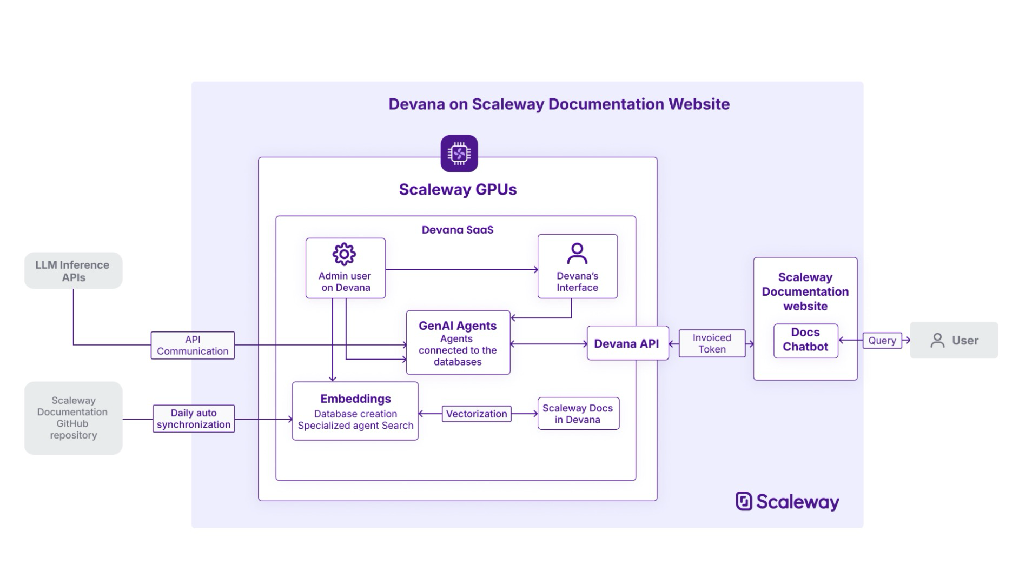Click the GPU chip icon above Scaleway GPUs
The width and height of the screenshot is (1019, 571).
pos(459,154)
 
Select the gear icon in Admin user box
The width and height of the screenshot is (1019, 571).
pos(344,254)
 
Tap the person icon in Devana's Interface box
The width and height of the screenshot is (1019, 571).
pos(577,253)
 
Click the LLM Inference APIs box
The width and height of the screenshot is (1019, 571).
pos(73,270)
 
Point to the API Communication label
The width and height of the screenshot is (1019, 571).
pos(193,346)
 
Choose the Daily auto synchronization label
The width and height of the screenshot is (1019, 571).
pos(194,419)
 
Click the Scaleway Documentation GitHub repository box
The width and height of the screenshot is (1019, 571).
pos(73,418)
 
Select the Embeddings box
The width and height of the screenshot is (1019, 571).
pos(355,411)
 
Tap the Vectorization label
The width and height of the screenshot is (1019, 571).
pos(477,414)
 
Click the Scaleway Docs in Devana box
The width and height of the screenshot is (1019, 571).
pos(578,414)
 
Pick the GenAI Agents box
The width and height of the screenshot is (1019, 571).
pos(458,343)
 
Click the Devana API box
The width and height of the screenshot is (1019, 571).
pos(627,344)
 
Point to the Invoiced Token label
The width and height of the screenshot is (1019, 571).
pos(712,343)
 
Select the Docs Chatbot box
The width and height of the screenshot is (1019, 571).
pos(805,340)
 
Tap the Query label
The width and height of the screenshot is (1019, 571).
pos(882,341)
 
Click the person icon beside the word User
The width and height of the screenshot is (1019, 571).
pos(937,340)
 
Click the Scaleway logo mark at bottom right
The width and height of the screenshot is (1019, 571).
pos(744,501)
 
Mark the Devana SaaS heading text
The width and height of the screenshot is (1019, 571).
pos(458,230)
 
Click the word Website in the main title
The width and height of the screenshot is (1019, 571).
pos(699,104)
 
